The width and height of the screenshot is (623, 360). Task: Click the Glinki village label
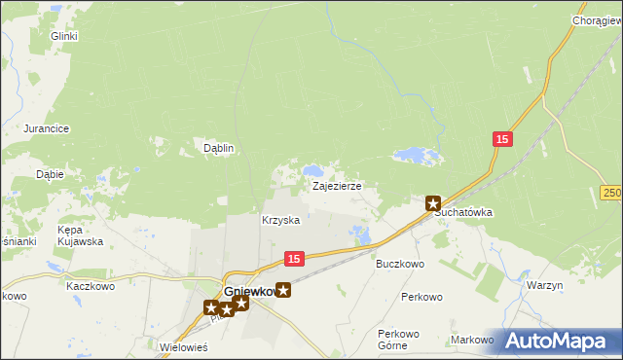point(64,36)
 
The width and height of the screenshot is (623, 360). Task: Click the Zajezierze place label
point(337,185)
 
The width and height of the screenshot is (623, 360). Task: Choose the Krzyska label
point(280,220)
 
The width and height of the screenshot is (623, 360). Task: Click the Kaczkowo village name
point(91,287)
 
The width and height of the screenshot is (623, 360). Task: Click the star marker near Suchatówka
point(434,203)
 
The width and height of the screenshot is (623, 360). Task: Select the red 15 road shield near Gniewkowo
point(296,258)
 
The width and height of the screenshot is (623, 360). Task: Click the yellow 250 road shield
point(611,194)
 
